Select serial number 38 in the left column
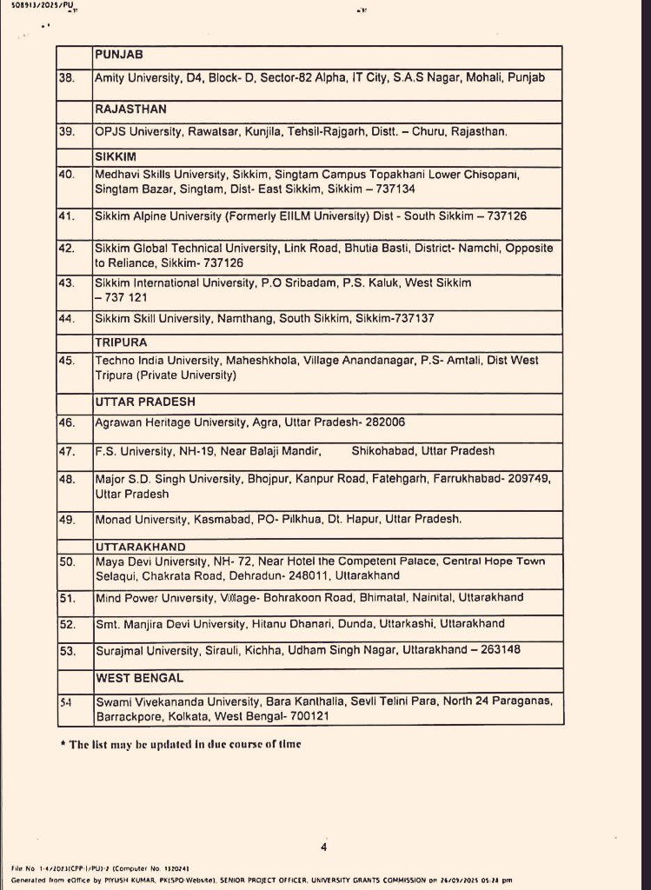66,77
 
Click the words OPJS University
138,131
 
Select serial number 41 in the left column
66,216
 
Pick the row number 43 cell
66,282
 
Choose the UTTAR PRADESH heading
145,402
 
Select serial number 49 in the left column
66,519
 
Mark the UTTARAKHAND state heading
140,546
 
